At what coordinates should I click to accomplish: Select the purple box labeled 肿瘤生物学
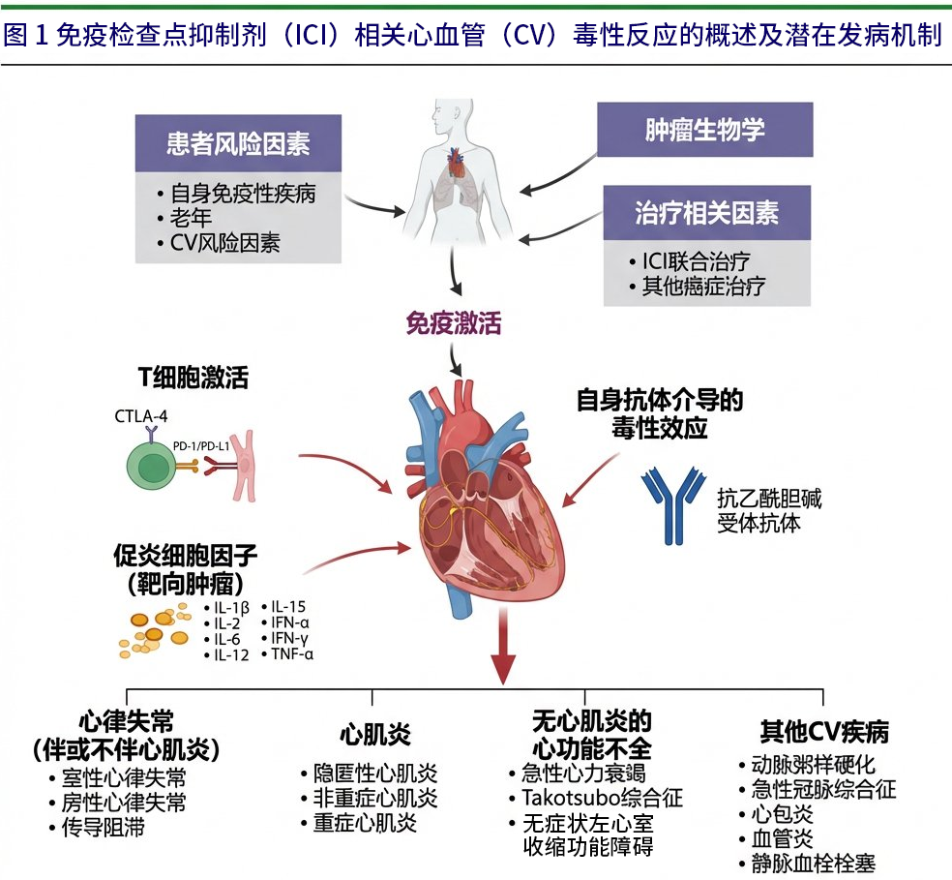pyautogui.click(x=704, y=130)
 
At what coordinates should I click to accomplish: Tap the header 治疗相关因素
pyautogui.click(x=707, y=213)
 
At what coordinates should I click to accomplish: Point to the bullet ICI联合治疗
pyautogui.click(x=696, y=261)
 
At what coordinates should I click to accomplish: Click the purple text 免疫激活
pyautogui.click(x=454, y=322)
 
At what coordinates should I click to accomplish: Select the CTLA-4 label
pyautogui.click(x=142, y=416)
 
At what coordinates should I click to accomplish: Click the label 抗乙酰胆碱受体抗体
pyautogui.click(x=762, y=510)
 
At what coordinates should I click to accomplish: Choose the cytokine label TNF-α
pyautogui.click(x=292, y=654)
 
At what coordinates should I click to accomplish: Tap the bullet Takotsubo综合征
pyautogui.click(x=602, y=798)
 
